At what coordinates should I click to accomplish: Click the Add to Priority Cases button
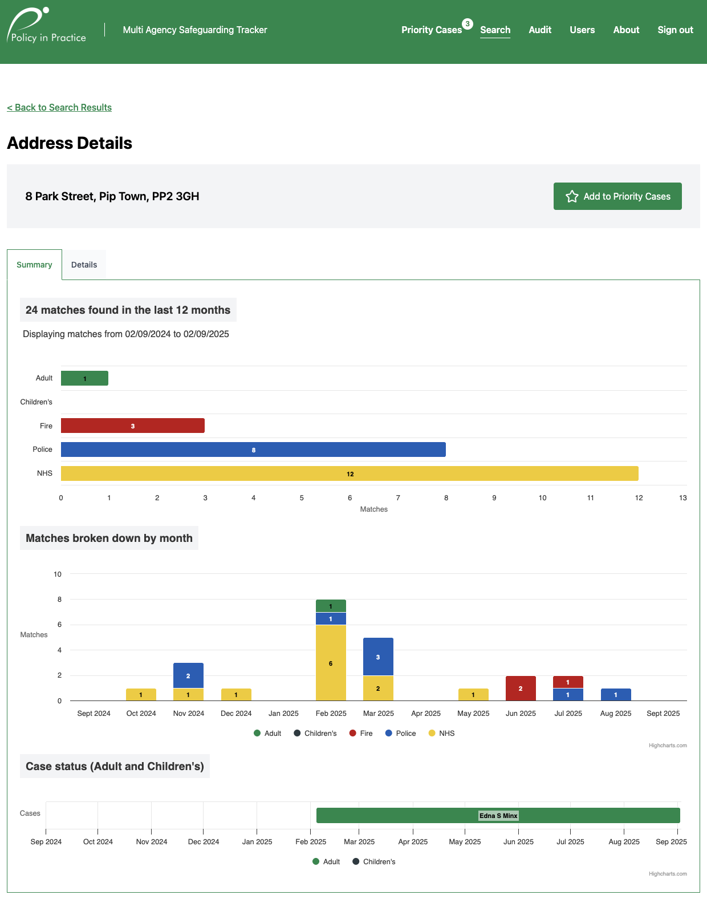(x=617, y=196)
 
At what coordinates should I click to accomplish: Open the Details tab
(x=84, y=265)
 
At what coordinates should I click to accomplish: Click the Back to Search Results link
(x=59, y=107)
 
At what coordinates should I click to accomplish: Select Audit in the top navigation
(x=539, y=30)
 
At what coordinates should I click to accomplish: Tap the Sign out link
(x=675, y=30)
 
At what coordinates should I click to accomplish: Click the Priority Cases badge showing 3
(x=467, y=24)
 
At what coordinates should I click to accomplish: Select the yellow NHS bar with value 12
(x=350, y=473)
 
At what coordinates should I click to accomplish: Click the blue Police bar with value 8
(x=253, y=449)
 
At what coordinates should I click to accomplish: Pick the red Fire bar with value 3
(x=132, y=426)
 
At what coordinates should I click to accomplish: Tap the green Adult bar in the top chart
(x=84, y=378)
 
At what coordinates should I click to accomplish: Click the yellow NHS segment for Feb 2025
(x=331, y=663)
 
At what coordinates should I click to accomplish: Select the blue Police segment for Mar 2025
(x=378, y=657)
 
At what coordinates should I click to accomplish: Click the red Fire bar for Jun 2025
(x=521, y=689)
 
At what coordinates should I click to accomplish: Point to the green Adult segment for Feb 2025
(x=331, y=606)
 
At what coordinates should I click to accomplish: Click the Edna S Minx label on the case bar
(x=498, y=816)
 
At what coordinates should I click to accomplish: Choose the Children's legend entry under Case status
(x=373, y=861)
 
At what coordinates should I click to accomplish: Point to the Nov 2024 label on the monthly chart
(x=188, y=713)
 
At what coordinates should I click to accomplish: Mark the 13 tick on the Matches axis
(x=682, y=498)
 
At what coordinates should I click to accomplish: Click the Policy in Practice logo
(x=47, y=26)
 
